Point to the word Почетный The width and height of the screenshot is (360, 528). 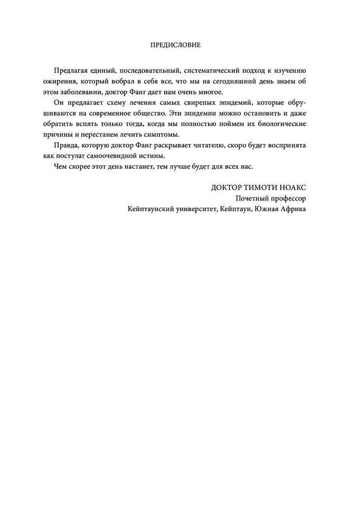coord(252,199)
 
